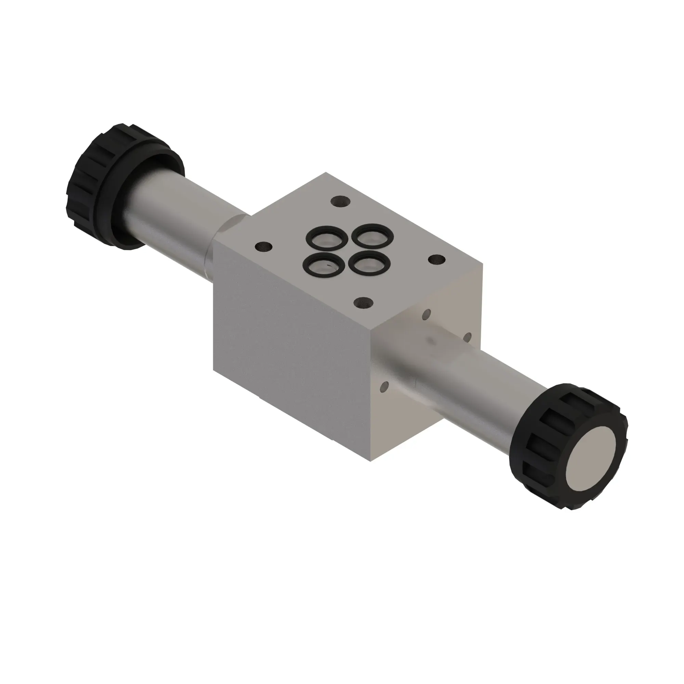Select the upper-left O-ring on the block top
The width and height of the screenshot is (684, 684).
326,238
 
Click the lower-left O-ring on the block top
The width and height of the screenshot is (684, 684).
324,264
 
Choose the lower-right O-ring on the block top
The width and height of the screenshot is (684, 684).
369,264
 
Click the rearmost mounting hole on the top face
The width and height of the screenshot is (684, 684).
341,202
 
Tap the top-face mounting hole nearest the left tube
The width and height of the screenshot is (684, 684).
264,245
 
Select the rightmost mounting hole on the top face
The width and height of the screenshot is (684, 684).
436,260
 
